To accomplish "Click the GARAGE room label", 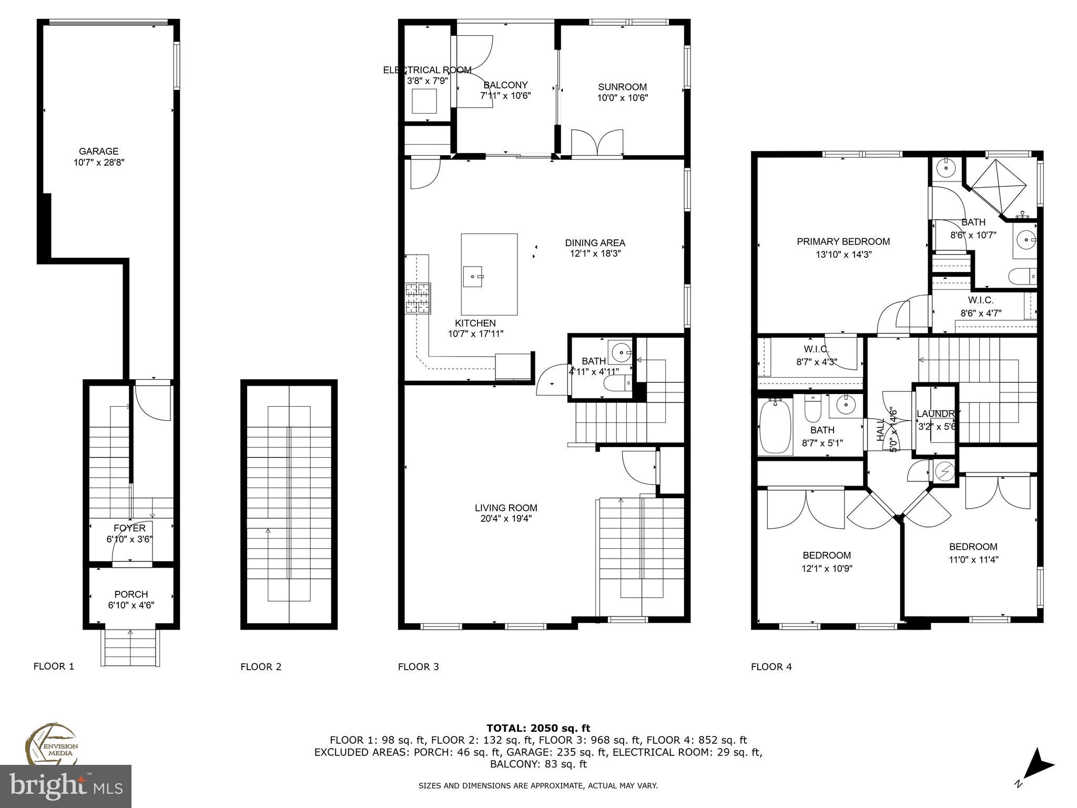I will (98, 151).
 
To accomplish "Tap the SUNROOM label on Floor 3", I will (622, 87).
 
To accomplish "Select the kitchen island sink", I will (473, 276).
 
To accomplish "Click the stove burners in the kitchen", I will (418, 298).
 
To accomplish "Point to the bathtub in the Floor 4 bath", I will (776, 426).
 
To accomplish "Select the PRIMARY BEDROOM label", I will (843, 242).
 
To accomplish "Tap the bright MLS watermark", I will (65, 786).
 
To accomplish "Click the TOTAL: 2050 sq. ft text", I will (538, 729).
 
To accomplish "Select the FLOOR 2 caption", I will (261, 667).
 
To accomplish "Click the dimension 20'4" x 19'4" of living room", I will (505, 519).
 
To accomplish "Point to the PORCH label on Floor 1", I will (131, 594).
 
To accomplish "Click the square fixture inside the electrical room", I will (424, 101).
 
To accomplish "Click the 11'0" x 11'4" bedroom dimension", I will (973, 560).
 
